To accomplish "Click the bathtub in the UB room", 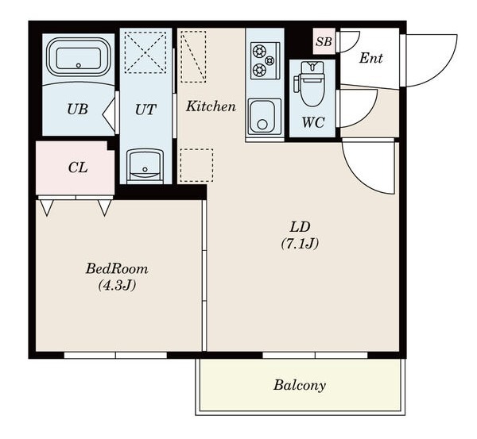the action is tap(78, 57).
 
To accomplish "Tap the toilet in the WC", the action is tap(310, 84).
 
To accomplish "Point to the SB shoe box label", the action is tap(324, 41).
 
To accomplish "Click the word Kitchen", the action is tap(211, 106).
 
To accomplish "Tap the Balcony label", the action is tap(300, 385).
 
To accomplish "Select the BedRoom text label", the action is tap(117, 268).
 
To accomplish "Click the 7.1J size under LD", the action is tap(300, 244).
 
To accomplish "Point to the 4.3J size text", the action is tap(117, 285).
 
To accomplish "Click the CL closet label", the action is tap(78, 167).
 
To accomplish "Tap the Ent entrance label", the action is tap(370, 58).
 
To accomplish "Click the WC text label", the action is tap(313, 122).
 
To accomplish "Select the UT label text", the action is tap(145, 110).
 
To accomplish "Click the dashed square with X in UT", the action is tap(145, 52).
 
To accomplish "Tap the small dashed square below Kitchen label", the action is tap(196, 165).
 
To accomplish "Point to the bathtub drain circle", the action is tap(79, 65).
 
